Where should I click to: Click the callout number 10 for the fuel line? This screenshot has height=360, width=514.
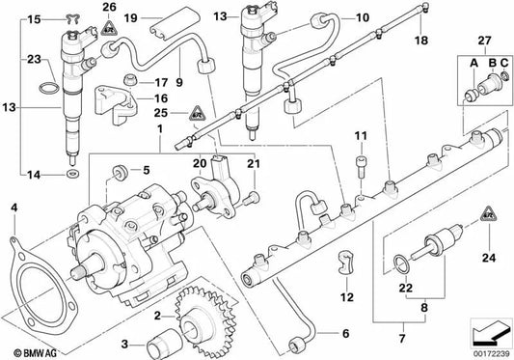(x=336, y=17)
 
